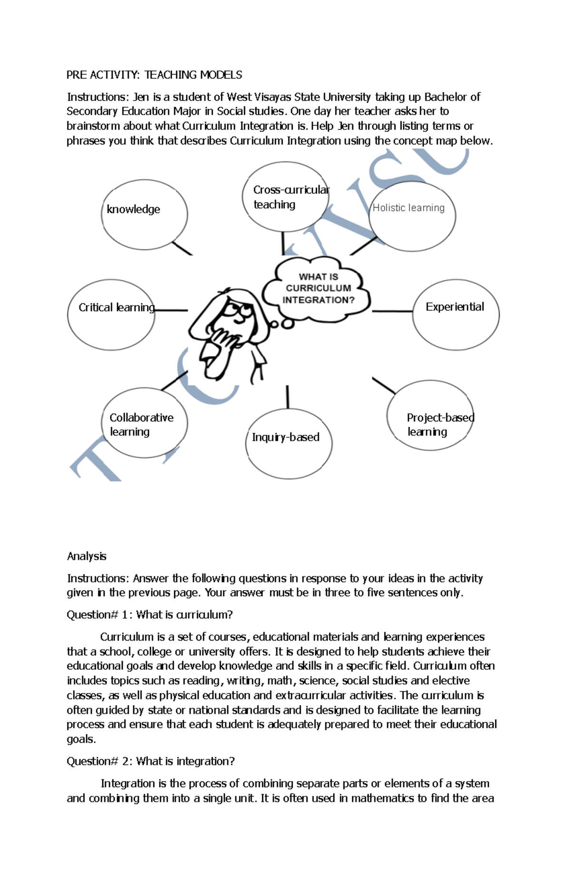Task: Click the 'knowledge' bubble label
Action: pyautogui.click(x=133, y=210)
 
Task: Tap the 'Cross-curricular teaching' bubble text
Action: pyautogui.click(x=290, y=197)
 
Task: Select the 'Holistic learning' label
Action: pyautogui.click(x=408, y=208)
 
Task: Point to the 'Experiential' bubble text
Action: pyautogui.click(x=454, y=307)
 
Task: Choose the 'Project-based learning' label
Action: pyautogui.click(x=440, y=424)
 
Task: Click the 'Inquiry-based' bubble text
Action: pyautogui.click(x=285, y=437)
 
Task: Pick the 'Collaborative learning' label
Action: pyautogui.click(x=141, y=424)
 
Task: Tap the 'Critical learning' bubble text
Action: pyautogui.click(x=117, y=308)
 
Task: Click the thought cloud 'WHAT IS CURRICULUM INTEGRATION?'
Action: pyautogui.click(x=318, y=288)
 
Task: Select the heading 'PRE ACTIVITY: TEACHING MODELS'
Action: pyautogui.click(x=154, y=75)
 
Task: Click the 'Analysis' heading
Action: pyautogui.click(x=87, y=556)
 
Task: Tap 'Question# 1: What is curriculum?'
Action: pyautogui.click(x=149, y=615)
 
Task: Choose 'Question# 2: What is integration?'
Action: pyautogui.click(x=150, y=762)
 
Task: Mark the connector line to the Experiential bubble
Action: pyautogui.click(x=392, y=311)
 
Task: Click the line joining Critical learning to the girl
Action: pyautogui.click(x=171, y=311)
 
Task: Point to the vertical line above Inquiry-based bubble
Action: pyautogui.click(x=287, y=397)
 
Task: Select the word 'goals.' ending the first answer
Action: pyautogui.click(x=81, y=740)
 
